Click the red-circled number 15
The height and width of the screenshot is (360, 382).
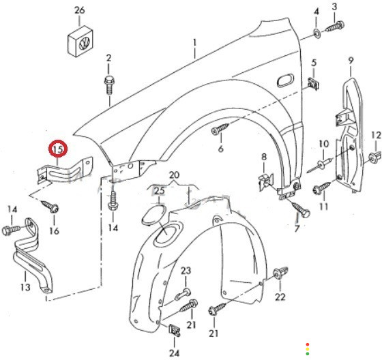click(58, 149)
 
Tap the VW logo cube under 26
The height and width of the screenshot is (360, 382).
click(80, 41)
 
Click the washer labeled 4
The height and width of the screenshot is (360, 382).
click(317, 33)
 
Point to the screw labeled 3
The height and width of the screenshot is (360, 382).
click(335, 27)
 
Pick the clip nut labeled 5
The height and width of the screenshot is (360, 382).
click(314, 83)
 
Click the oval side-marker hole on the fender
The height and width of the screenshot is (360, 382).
click(285, 80)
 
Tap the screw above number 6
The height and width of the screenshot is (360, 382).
click(220, 129)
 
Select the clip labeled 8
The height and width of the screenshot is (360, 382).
click(265, 181)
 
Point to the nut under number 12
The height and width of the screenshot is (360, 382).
click(374, 157)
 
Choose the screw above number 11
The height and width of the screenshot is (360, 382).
click(322, 187)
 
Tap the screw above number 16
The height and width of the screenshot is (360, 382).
click(50, 206)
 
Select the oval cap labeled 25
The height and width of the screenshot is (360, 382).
click(154, 214)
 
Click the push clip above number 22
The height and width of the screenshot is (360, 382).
click(280, 273)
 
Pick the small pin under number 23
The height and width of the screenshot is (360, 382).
click(183, 294)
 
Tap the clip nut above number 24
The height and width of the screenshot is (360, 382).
click(175, 330)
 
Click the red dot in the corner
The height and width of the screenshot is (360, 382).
click(308, 344)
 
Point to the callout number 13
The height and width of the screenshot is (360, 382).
click(25, 287)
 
